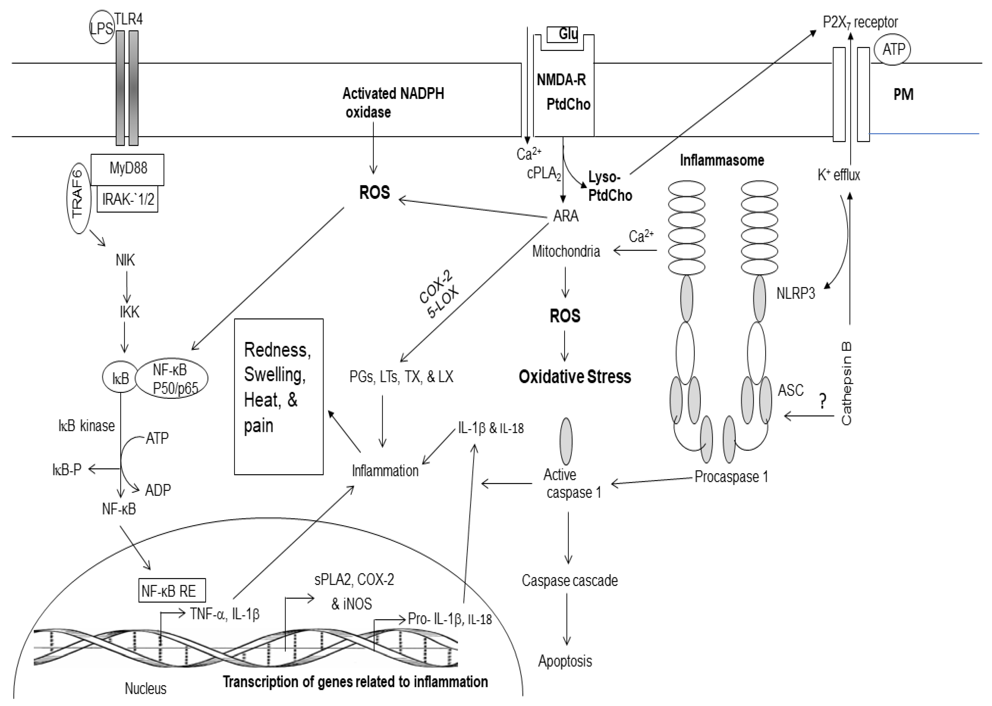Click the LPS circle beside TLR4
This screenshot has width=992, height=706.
101,28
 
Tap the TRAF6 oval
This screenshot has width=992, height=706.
78,194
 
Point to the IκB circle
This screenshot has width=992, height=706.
121,378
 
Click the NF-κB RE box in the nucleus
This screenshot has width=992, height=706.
172,590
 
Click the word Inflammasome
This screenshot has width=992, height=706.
722,160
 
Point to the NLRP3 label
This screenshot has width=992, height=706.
795,294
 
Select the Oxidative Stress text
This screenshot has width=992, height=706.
575,377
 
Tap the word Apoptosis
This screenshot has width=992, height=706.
565,661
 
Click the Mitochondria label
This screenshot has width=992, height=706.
566,251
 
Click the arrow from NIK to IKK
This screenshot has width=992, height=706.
126,287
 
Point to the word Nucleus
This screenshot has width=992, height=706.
146,688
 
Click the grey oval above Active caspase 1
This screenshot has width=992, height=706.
566,441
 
